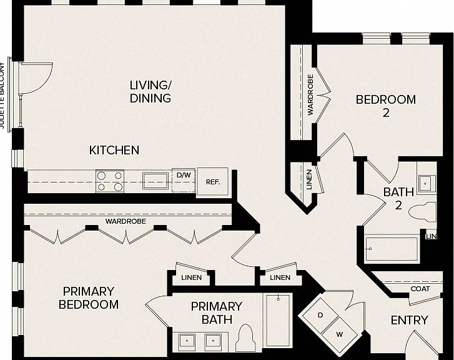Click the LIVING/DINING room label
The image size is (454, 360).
[x=151, y=92]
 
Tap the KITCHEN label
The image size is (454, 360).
[x=114, y=150]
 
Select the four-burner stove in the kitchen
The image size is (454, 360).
[x=110, y=181]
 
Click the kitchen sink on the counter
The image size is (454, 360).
[x=155, y=181]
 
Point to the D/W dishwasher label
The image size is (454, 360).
[x=184, y=175]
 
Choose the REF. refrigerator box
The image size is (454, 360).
[x=212, y=182]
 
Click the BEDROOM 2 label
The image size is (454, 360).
[x=386, y=106]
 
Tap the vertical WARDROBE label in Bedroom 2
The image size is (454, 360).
[x=310, y=95]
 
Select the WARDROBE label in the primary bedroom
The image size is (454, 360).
[x=126, y=221]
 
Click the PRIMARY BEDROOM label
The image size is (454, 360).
[x=89, y=298]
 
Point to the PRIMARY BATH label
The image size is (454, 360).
[x=217, y=312]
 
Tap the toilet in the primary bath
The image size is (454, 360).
[x=245, y=338]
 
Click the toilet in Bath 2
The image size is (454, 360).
[x=422, y=212]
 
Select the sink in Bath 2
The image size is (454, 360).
[x=427, y=184]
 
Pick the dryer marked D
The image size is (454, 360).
[x=320, y=316]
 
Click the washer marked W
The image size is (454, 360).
[x=339, y=334]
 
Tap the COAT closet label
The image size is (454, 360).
[x=420, y=289]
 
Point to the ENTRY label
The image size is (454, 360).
[x=409, y=320]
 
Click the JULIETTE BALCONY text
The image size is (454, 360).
[x=2, y=95]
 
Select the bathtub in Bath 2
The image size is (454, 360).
[x=392, y=249]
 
